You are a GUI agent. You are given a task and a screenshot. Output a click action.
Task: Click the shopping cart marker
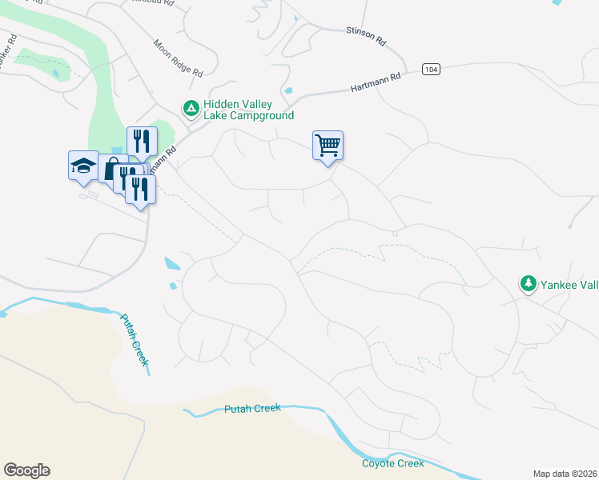point(328,146)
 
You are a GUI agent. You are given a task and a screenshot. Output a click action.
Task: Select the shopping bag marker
point(111,169)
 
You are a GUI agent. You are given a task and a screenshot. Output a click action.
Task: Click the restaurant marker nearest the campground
point(142,142)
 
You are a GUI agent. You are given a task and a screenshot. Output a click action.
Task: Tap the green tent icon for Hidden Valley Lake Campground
point(191,107)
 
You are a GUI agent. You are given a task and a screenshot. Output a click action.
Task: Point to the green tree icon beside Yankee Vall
point(528,284)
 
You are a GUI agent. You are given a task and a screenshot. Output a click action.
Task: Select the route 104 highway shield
point(431,70)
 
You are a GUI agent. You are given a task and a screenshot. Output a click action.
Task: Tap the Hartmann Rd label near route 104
point(375,83)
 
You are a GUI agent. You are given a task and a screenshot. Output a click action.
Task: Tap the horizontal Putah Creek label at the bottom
point(252,409)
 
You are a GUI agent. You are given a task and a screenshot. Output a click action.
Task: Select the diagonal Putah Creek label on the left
point(134,339)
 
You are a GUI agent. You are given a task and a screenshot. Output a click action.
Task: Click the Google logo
point(26,470)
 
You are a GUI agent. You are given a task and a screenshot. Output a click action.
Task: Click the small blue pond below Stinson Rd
point(288,90)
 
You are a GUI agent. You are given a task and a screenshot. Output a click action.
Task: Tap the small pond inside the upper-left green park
point(54,74)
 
